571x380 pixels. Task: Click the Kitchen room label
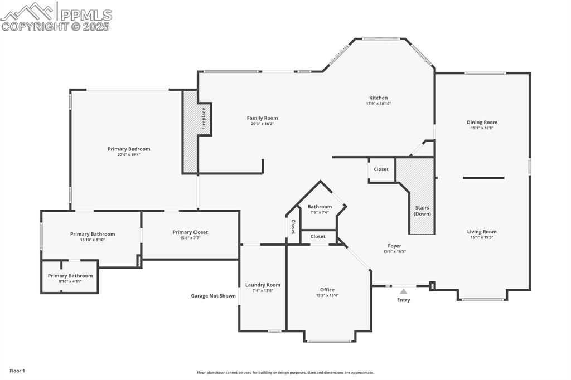pyautogui.click(x=378, y=98)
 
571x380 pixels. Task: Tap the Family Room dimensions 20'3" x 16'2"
pyautogui.click(x=262, y=124)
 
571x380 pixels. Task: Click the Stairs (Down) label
pyautogui.click(x=422, y=211)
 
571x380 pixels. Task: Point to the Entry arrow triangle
pyautogui.click(x=403, y=291)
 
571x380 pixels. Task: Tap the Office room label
pyautogui.click(x=327, y=290)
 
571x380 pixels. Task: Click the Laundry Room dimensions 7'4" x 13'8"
pyautogui.click(x=263, y=291)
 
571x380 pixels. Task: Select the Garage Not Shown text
pyautogui.click(x=213, y=296)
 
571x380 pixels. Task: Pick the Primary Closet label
pyautogui.click(x=190, y=232)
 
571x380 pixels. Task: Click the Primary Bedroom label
pyautogui.click(x=129, y=149)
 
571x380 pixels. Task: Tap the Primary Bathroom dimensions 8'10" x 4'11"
pyautogui.click(x=70, y=282)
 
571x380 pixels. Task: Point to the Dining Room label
pyautogui.click(x=482, y=123)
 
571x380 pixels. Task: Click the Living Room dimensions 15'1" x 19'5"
pyautogui.click(x=482, y=237)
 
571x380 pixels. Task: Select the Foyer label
pyautogui.click(x=394, y=246)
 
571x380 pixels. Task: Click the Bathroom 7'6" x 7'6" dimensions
pyautogui.click(x=320, y=212)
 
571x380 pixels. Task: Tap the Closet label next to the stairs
pyautogui.click(x=381, y=169)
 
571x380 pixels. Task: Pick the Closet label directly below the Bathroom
pyautogui.click(x=318, y=236)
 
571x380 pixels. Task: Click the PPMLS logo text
pyautogui.click(x=85, y=15)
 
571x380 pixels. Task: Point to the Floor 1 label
pyautogui.click(x=17, y=371)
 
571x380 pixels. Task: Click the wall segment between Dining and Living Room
pyautogui.click(x=483, y=178)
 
